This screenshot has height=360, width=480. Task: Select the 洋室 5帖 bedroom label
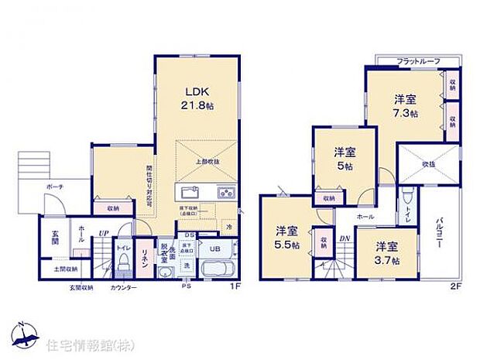345,159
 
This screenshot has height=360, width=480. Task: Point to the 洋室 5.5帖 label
287,236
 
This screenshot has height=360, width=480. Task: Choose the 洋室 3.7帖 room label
387,252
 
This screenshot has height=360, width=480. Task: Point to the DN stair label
345,238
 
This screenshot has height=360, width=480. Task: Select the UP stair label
103,232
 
